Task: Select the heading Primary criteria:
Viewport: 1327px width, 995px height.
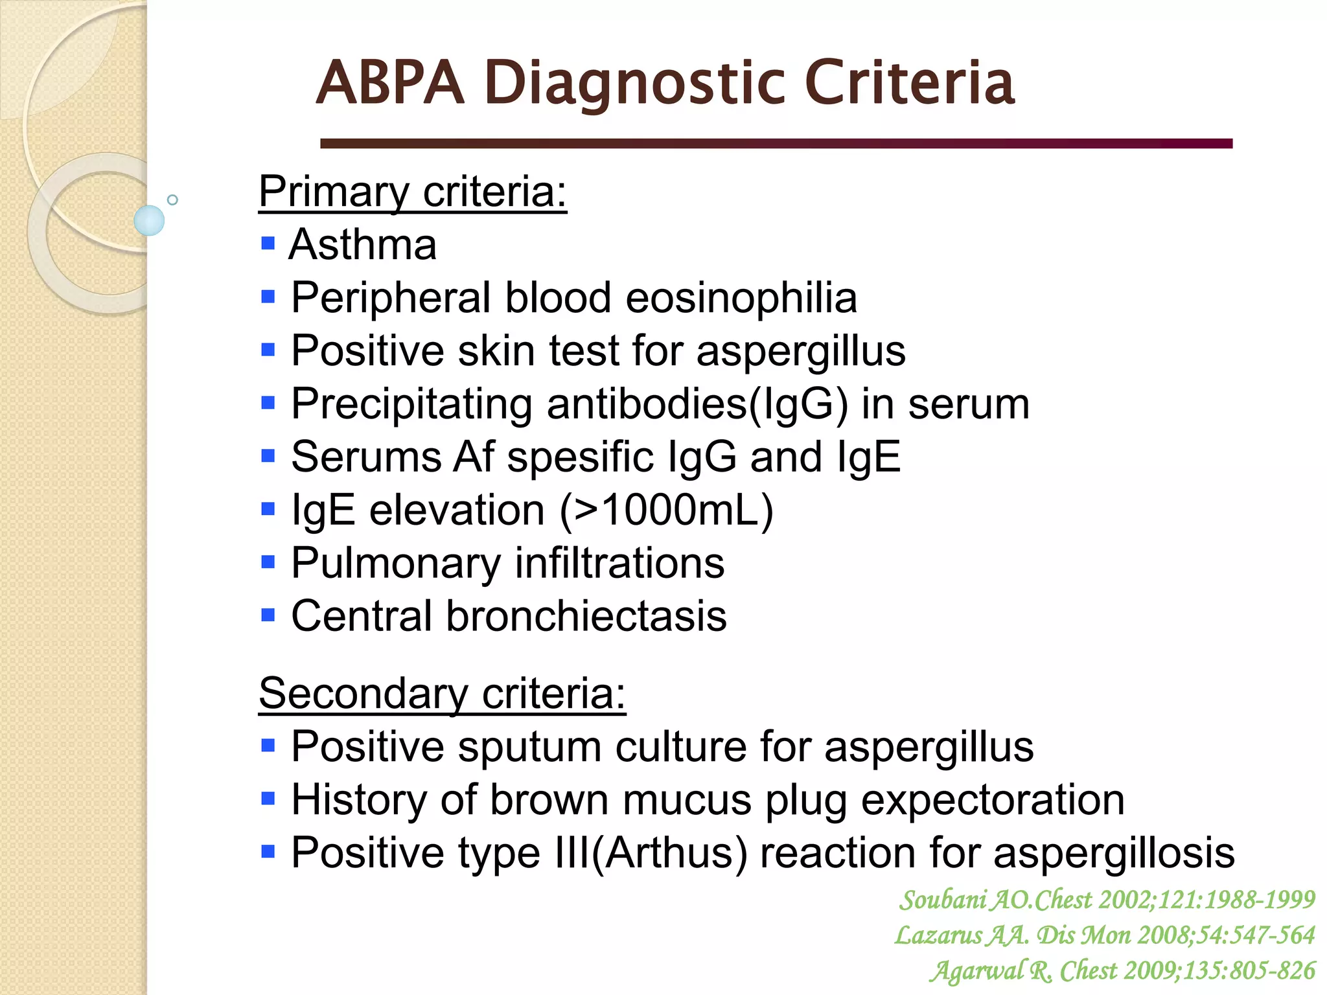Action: pos(413,192)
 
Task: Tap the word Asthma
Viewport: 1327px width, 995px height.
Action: pos(363,245)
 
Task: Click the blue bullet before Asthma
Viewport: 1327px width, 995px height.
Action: pos(268,244)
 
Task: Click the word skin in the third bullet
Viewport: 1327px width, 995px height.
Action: pos(496,351)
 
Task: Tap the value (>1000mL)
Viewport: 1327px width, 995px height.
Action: pos(667,510)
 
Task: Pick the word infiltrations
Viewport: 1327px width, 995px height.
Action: pos(619,563)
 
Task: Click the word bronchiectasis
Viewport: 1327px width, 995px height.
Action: pos(586,616)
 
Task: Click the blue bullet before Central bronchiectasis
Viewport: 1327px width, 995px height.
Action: pos(268,614)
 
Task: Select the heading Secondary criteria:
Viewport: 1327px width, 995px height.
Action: pos(442,694)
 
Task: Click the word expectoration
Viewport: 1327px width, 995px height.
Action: pos(992,800)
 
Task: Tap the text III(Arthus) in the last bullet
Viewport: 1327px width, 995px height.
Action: pos(651,852)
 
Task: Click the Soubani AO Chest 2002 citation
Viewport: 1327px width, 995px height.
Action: pos(1107,900)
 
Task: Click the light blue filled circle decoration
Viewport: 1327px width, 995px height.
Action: pos(149,220)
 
